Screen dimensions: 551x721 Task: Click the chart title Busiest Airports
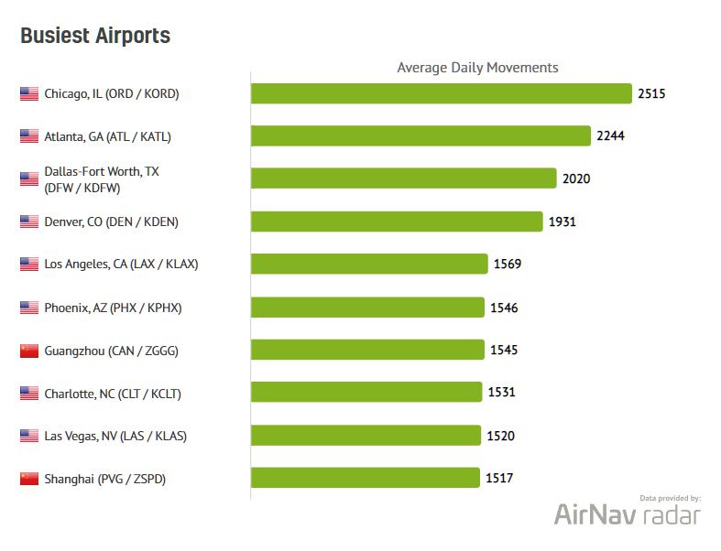point(95,36)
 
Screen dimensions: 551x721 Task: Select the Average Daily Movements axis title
point(477,68)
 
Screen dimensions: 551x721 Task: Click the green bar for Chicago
point(441,93)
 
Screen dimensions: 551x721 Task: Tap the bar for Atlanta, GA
point(421,136)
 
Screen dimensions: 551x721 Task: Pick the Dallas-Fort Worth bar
point(403,178)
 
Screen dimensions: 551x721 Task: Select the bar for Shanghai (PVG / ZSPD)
point(365,478)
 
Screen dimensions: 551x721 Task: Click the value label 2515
point(651,93)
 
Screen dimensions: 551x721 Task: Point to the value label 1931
point(562,221)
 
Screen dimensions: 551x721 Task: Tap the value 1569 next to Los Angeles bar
point(508,264)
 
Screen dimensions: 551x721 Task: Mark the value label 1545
point(504,350)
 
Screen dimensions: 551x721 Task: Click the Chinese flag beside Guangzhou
point(29,351)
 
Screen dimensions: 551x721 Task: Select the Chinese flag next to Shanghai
point(29,479)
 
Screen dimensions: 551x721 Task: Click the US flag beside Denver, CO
point(29,222)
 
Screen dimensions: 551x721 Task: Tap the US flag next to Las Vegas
point(29,436)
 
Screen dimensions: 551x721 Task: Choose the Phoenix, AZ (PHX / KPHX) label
point(113,308)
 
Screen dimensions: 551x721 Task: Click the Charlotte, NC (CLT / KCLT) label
point(113,394)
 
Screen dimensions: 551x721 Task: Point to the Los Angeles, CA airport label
point(121,265)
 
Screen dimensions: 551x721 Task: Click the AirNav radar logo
point(627,515)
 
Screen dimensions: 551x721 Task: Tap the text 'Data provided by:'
point(670,498)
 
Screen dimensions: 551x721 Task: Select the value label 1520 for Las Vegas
point(500,436)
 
